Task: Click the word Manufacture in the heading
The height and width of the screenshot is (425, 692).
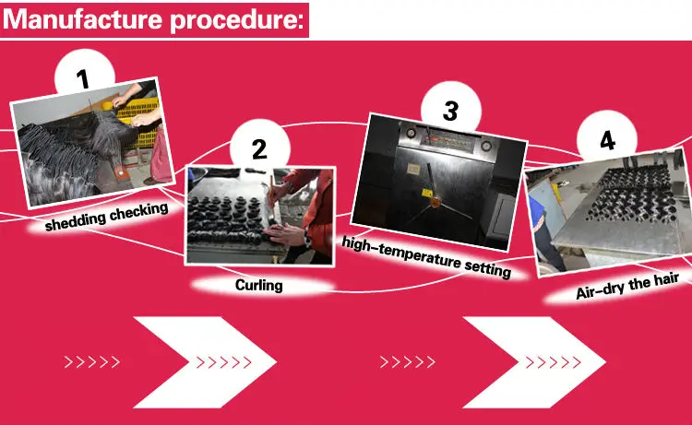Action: (83, 19)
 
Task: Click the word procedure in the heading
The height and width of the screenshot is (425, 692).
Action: (237, 21)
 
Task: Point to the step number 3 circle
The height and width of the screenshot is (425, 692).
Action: (450, 107)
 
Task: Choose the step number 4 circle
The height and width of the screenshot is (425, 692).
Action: (607, 136)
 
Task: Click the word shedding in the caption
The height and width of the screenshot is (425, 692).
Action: (75, 221)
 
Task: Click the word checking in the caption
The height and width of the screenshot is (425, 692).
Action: (139, 211)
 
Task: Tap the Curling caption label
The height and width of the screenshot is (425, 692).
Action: (259, 285)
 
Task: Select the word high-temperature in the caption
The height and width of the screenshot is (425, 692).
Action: (400, 254)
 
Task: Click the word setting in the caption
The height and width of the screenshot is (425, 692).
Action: (488, 268)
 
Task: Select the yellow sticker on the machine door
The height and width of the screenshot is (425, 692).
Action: (427, 193)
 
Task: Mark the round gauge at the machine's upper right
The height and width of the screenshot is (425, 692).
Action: (487, 146)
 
